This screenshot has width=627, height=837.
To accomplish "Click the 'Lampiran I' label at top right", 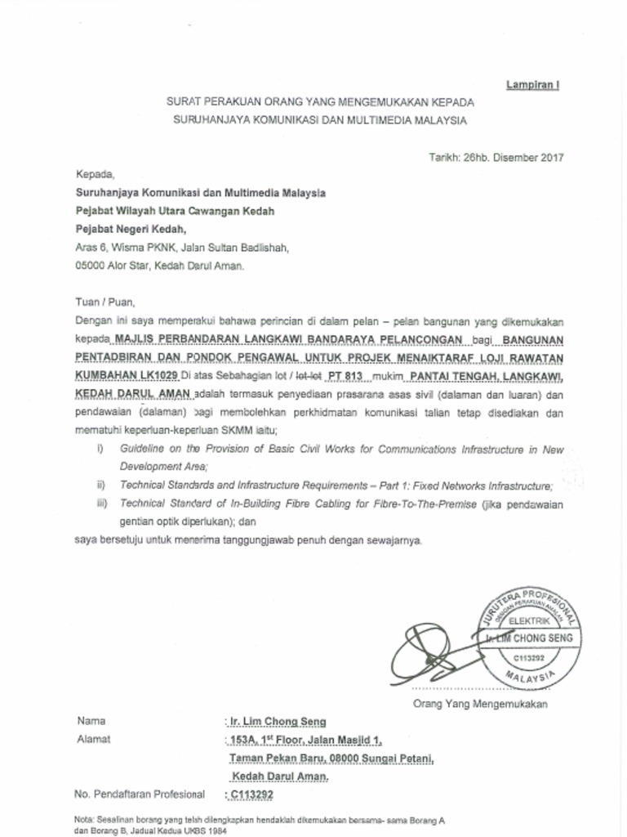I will [532, 85].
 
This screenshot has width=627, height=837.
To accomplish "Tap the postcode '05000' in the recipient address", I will [90, 266].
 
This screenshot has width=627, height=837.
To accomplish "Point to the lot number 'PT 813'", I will [344, 375].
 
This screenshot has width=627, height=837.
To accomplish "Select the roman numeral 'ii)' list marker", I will [101, 486].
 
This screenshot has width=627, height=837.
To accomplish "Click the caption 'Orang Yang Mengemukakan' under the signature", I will [480, 704].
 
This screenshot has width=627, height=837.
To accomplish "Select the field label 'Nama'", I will [91, 721].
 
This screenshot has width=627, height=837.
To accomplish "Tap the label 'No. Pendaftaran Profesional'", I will [139, 794].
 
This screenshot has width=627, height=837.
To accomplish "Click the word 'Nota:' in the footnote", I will [85, 818].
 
